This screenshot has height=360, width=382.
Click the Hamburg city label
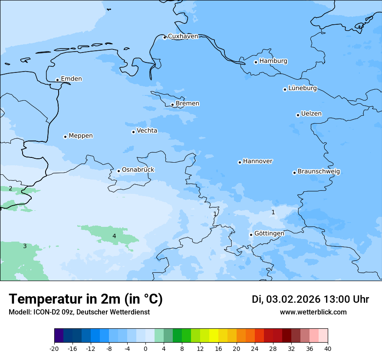pos(273,61)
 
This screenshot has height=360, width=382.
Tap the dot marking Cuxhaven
pos(165,38)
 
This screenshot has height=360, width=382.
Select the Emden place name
pos(71,79)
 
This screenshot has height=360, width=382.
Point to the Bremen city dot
pos(172,105)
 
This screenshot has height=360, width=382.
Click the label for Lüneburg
pos(302,88)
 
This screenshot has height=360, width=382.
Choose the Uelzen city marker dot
pos(298,115)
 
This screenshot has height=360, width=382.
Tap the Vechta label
pos(147,131)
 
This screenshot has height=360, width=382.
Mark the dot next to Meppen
pos(65,137)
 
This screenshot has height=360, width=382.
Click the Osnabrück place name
pos(138,170)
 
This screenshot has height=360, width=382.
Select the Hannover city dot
pos(240,163)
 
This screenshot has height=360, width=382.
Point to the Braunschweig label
pos(319,172)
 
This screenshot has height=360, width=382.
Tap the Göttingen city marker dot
pos(251,235)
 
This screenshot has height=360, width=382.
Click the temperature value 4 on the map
pos(114,236)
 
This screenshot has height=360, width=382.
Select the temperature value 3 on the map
pos(25,246)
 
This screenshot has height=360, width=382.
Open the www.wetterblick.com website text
pos(313,312)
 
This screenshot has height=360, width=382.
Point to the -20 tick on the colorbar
pos(54,348)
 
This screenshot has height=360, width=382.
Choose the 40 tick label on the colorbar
pos(327,348)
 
